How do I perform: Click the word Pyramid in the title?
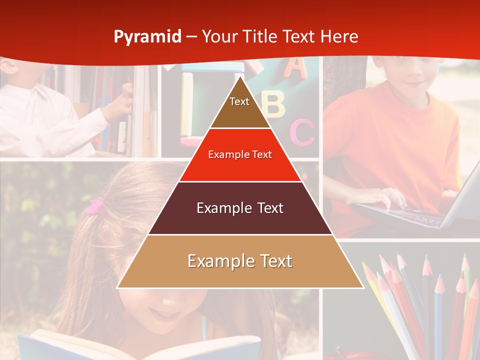[147, 37]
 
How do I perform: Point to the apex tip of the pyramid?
[240, 77]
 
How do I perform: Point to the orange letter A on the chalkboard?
[295, 67]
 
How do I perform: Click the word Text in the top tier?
[239, 101]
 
